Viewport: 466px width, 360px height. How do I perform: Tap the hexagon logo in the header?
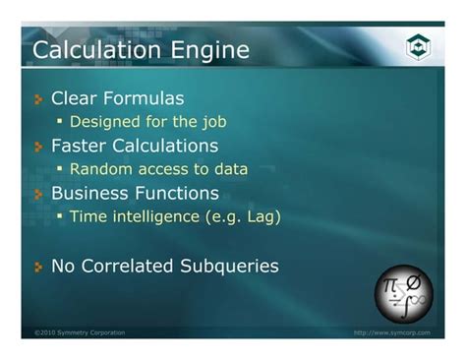[418, 47]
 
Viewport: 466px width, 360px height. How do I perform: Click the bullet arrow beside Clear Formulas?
[38, 99]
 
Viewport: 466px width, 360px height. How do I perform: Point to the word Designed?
[102, 122]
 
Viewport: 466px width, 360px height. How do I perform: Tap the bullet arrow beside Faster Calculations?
[38, 147]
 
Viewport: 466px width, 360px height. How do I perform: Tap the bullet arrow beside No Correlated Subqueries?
[38, 267]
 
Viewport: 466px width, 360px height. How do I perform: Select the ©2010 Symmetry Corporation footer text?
[80, 332]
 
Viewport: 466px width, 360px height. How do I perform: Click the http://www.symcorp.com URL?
[391, 332]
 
